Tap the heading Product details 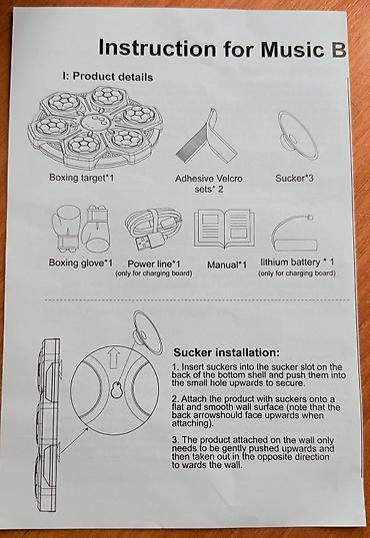pos(113,76)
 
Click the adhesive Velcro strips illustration pos(206,138)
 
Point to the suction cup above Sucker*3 pos(298,135)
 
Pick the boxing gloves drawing pos(81,230)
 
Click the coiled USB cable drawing pos(154,230)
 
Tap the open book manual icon pos(225,229)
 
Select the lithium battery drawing pos(294,235)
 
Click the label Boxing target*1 pos(81,178)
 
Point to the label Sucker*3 pos(294,178)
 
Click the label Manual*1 pos(227,265)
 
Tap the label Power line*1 pos(154,264)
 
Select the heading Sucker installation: pos(227,352)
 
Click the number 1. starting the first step pos(175,366)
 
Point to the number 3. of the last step pos(175,440)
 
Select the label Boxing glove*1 pos(81,263)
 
